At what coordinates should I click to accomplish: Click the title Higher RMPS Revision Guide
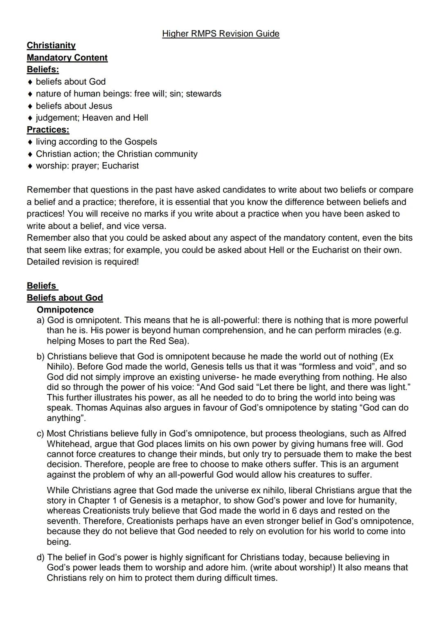(221, 34)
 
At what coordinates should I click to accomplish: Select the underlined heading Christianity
(51, 45)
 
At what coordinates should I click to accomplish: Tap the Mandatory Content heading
(67, 58)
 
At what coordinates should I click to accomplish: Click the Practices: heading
(48, 130)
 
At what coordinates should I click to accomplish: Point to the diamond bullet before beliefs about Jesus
(30, 106)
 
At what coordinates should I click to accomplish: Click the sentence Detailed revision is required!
(83, 262)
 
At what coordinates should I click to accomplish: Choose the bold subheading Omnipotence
(65, 310)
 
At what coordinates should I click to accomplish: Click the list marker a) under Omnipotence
(41, 320)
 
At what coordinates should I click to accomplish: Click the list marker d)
(41, 557)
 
